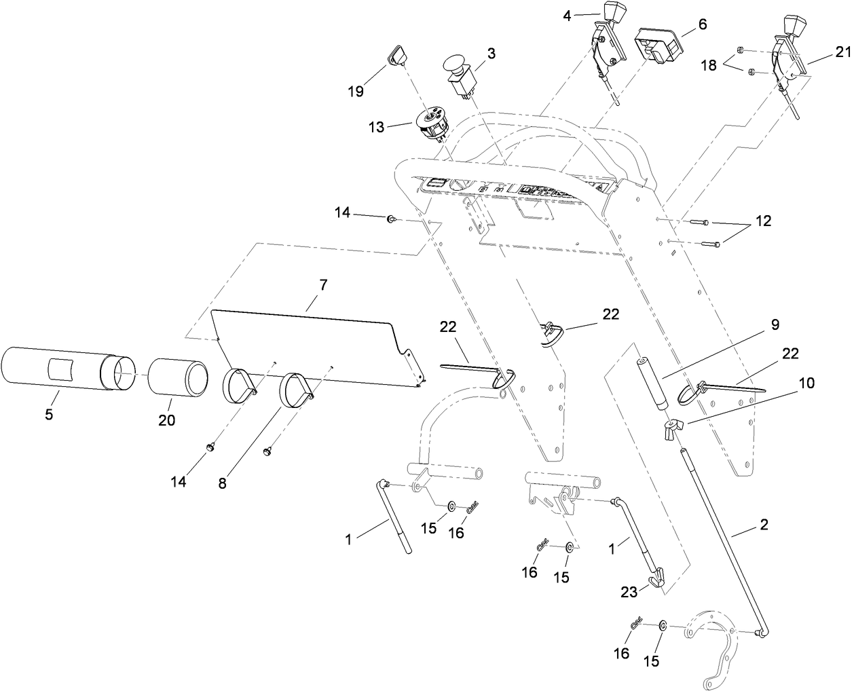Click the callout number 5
click(x=49, y=413)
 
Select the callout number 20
click(x=166, y=420)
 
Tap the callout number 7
click(x=323, y=285)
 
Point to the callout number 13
click(x=376, y=127)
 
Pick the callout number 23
click(x=629, y=592)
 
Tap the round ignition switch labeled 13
click(x=426, y=124)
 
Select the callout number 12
click(x=763, y=221)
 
